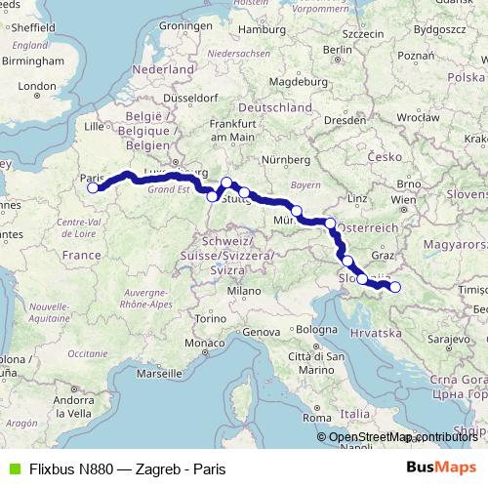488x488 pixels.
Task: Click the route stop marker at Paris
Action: click(x=93, y=188)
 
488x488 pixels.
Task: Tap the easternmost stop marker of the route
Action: click(x=395, y=286)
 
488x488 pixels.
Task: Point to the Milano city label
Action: click(x=245, y=291)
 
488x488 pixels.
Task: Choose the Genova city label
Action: click(x=262, y=333)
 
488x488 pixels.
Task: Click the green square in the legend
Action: click(x=12, y=468)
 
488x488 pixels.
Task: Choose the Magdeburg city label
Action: click(x=284, y=80)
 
